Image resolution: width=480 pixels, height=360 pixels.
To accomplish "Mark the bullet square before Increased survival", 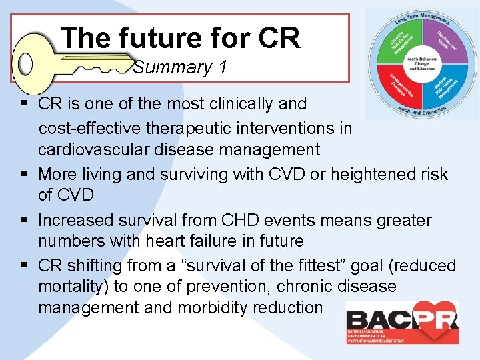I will pos(23,220).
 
